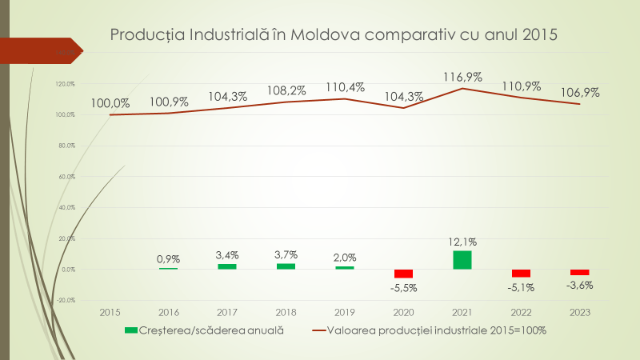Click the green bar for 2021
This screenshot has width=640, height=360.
pyautogui.click(x=462, y=260)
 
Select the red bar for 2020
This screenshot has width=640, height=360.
pyautogui.click(x=403, y=274)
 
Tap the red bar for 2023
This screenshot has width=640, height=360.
pyautogui.click(x=580, y=272)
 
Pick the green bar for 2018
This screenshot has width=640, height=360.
pyautogui.click(x=286, y=266)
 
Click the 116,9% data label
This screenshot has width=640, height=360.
pyautogui.click(x=462, y=77)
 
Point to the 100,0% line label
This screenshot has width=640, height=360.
pyautogui.click(x=110, y=102)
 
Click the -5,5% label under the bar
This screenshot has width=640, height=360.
pyautogui.click(x=403, y=287)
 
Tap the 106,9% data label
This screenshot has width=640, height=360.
pyautogui.click(x=580, y=92)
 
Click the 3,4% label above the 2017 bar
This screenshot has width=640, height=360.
pyautogui.click(x=227, y=254)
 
